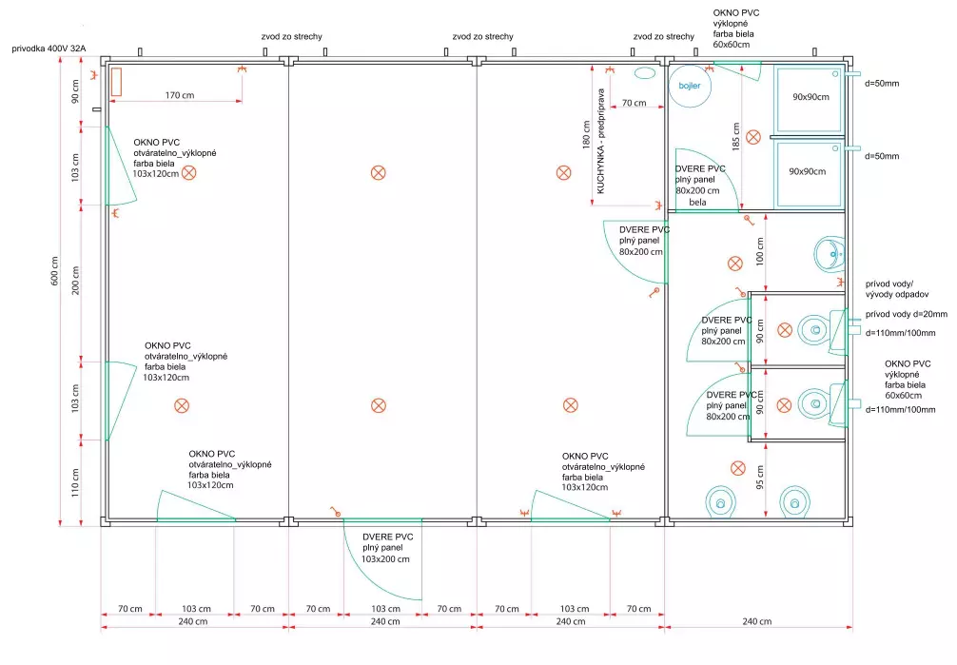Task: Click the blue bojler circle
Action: (x=690, y=86)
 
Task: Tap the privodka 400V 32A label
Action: (x=49, y=48)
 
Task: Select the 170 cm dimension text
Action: (x=180, y=95)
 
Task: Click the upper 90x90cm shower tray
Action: (x=810, y=97)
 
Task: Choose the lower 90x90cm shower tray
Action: (x=810, y=172)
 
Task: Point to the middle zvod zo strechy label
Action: (x=483, y=37)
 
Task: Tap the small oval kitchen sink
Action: (x=645, y=72)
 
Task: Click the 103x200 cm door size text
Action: (x=386, y=558)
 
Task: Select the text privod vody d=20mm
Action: (x=906, y=314)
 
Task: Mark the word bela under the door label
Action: (x=697, y=203)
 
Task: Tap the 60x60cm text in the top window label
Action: (x=733, y=44)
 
